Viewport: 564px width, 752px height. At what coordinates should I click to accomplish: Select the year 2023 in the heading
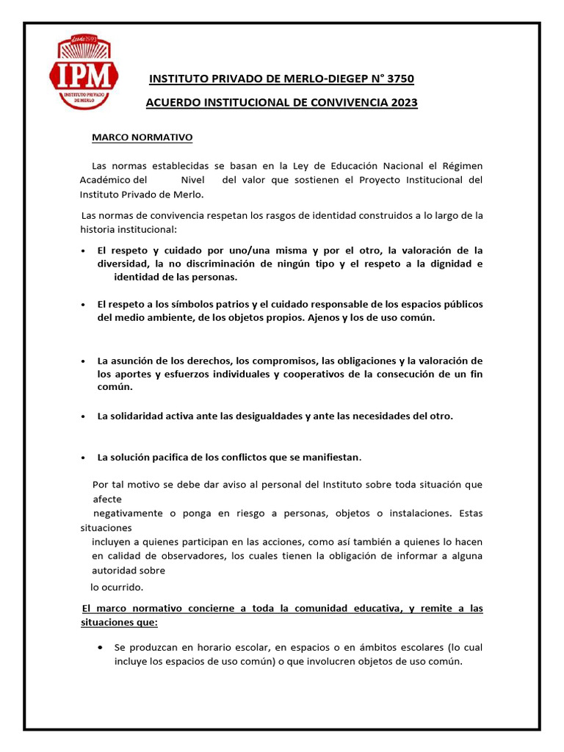402,103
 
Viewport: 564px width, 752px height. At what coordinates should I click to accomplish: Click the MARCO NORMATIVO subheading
142,137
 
